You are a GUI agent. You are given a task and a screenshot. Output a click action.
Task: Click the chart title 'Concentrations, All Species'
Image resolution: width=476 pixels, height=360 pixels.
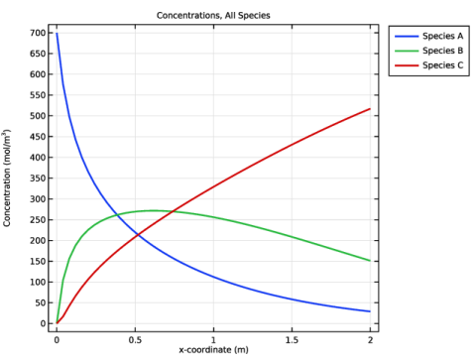[213, 16]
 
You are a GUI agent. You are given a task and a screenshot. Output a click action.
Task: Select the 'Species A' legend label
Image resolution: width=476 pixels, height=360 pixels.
[442, 36]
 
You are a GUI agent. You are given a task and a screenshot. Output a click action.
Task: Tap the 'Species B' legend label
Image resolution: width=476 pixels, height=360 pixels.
[442, 51]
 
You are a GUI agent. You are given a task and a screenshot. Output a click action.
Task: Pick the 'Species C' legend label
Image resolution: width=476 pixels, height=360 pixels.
[442, 65]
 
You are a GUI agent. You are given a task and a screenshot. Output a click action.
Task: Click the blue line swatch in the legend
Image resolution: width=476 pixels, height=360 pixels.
[407, 36]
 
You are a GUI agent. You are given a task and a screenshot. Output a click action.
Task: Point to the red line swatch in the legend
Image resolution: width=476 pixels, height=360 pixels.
[407, 65]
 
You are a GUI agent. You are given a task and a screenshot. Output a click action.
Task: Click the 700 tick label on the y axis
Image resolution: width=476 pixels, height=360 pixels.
[38, 33]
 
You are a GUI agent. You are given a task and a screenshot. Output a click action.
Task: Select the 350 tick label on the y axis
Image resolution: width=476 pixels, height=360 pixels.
[38, 179]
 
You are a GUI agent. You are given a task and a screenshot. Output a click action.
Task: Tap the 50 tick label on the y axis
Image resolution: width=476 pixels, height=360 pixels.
[40, 302]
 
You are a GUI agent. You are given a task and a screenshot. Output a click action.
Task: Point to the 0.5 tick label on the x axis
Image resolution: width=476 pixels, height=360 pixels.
[135, 340]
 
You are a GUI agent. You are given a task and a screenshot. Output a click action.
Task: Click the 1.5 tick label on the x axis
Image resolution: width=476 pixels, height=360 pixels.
[292, 340]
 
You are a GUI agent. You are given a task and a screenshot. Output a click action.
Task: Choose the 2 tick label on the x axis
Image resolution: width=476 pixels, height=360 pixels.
[370, 340]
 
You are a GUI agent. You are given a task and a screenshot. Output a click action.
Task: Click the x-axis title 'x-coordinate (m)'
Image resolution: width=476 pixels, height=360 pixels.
[213, 350]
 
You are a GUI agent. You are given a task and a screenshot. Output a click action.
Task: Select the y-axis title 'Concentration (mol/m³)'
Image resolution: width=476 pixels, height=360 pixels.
[7, 178]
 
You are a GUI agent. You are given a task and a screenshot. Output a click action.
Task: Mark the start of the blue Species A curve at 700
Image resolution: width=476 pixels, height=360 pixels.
[57, 33]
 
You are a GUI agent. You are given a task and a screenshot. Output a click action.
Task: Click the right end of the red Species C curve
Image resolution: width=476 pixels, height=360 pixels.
[370, 109]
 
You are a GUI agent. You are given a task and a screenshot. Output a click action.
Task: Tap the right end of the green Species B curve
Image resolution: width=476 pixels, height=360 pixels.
[370, 261]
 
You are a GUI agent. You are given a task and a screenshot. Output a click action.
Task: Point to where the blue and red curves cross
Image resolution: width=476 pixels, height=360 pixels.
[138, 235]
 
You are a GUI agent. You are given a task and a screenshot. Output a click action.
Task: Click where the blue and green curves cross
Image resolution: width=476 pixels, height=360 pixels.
[118, 215]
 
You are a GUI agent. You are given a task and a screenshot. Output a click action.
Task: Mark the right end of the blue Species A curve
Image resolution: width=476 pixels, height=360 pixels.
[370, 311]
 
